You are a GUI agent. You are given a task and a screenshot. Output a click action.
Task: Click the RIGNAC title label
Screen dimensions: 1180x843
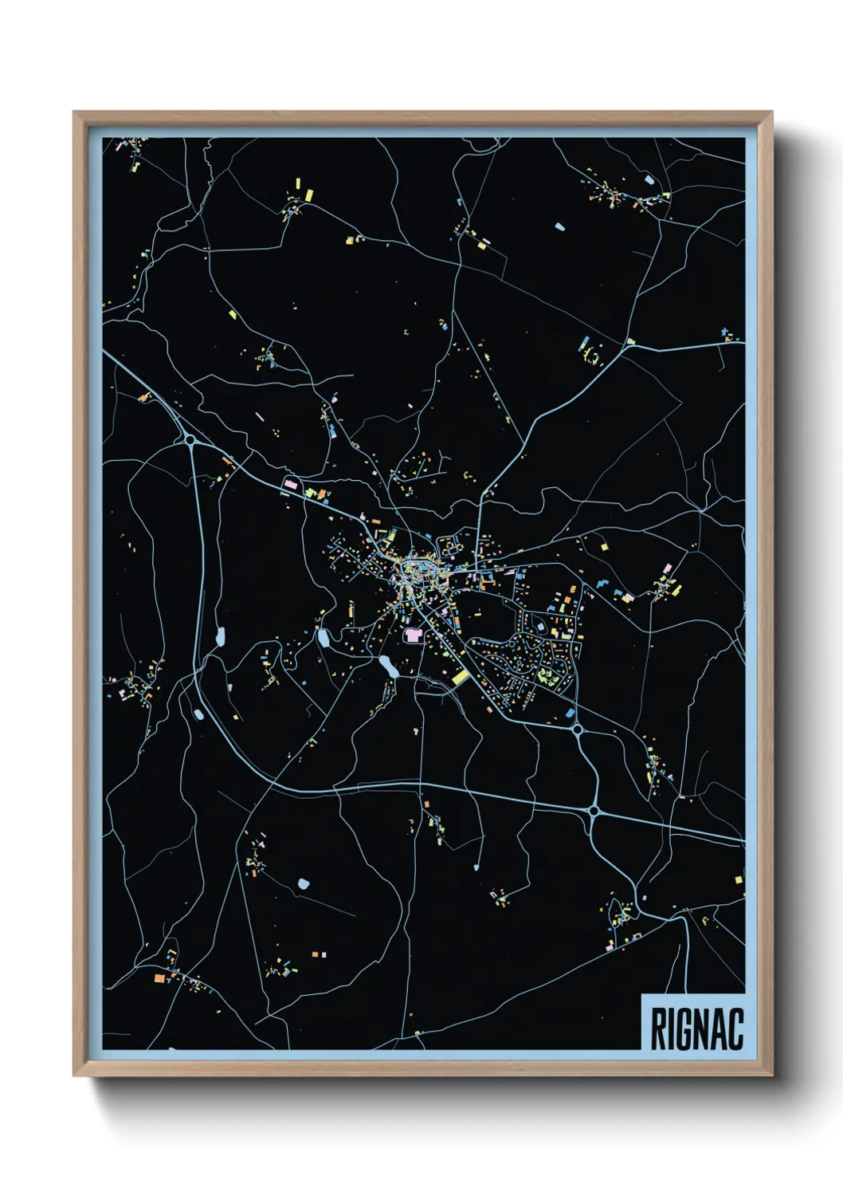click(696, 1029)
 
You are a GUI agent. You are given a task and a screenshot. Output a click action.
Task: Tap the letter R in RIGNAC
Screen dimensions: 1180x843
click(660, 1029)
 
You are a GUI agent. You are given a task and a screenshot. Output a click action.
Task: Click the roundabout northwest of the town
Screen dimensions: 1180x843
click(190, 439)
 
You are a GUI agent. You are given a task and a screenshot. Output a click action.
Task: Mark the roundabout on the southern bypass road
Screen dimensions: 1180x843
click(594, 811)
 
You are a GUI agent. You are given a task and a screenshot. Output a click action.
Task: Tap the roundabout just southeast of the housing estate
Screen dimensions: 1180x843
click(577, 728)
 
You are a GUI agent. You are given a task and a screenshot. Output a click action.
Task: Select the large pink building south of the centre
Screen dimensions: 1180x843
click(413, 635)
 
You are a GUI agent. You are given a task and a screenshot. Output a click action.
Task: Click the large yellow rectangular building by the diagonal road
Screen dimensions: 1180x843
click(461, 677)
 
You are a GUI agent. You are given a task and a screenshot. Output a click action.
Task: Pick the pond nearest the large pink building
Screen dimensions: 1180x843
click(388, 666)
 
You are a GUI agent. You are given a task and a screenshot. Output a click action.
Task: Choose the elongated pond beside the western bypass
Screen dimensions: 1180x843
click(220, 636)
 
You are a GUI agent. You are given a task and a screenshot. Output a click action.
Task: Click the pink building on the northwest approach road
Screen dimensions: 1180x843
click(290, 484)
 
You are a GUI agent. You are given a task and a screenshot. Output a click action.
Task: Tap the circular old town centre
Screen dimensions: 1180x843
click(414, 570)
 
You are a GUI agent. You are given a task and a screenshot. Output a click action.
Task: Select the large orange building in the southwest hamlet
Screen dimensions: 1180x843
click(159, 977)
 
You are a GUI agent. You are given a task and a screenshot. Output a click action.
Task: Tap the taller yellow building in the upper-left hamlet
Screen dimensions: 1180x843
click(309, 194)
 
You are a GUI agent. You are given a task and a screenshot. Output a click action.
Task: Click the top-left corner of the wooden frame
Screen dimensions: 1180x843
click(74, 112)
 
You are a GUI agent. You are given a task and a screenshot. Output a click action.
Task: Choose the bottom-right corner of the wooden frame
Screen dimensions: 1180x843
click(771, 1076)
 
